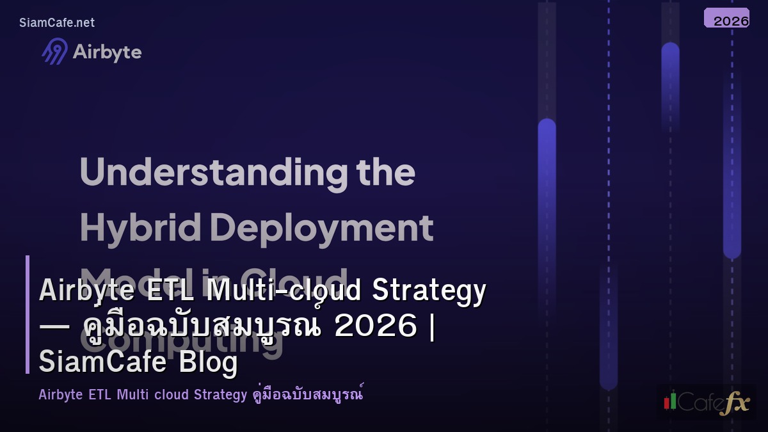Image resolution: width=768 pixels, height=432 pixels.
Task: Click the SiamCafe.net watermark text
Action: click(x=57, y=22)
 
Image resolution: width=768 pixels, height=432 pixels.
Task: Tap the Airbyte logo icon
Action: click(x=55, y=51)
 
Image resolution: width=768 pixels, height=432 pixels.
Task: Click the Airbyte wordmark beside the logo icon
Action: click(x=107, y=52)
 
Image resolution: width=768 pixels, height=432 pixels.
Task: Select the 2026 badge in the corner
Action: click(x=726, y=19)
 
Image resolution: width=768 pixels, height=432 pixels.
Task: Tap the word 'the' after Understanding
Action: click(x=386, y=172)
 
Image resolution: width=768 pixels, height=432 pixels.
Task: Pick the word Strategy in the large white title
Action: click(x=429, y=291)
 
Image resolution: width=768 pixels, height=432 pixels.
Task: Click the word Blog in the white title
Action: click(x=209, y=362)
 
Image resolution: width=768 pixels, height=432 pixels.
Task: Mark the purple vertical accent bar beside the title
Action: click(x=28, y=314)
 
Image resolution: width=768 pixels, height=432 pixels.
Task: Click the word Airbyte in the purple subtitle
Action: click(x=60, y=394)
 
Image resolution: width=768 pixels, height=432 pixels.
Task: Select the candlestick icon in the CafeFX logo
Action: click(x=670, y=401)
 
